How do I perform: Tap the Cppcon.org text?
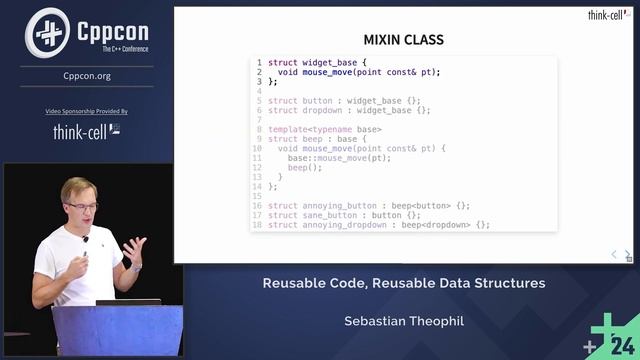click(86, 75)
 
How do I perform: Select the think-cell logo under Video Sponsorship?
click(86, 131)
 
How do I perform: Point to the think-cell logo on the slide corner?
click(608, 15)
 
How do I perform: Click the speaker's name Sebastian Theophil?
click(404, 322)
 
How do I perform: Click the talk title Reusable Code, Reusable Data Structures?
click(404, 283)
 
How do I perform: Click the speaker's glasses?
click(82, 207)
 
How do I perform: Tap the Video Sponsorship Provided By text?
click(86, 111)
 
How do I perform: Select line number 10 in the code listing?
click(257, 148)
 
